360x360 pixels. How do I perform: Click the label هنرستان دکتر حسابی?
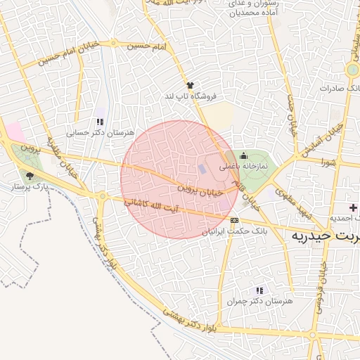(89, 131)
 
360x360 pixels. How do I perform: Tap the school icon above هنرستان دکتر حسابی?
(99, 122)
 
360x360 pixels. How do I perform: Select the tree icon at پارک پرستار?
(30, 176)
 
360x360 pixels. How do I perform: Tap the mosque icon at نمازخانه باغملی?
(244, 156)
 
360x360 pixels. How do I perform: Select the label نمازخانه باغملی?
(243, 167)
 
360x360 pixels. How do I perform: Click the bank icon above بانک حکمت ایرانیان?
(234, 220)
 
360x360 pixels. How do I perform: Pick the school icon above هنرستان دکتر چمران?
(259, 290)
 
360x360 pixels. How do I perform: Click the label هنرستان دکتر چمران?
(259, 300)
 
